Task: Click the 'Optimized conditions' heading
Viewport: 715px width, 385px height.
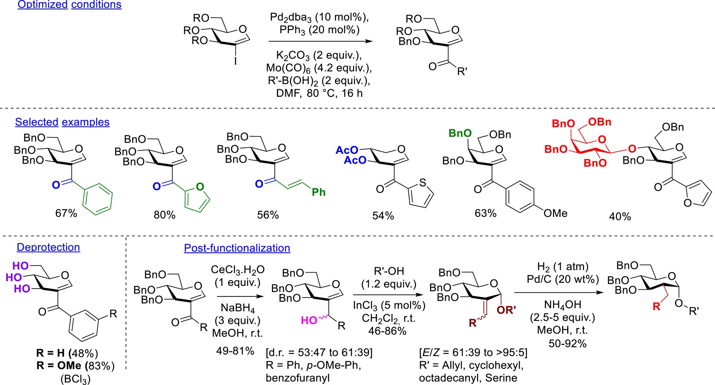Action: [x=69, y=5]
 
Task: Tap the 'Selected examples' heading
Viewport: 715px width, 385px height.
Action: [x=62, y=122]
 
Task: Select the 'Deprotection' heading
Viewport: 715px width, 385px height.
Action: [x=48, y=247]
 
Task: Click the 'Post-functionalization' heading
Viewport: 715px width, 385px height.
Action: [x=237, y=248]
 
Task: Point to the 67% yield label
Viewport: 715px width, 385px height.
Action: [x=66, y=213]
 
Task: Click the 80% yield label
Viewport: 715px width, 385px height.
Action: [x=165, y=215]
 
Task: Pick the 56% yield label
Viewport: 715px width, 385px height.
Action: [x=268, y=215]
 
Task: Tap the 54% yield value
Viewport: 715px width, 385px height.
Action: [x=383, y=216]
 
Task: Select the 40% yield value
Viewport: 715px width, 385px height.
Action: [x=620, y=217]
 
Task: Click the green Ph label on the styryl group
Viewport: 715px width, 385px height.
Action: [x=318, y=192]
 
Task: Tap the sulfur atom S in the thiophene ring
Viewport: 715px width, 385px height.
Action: [x=422, y=182]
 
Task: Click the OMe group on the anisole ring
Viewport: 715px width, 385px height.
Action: [x=555, y=213]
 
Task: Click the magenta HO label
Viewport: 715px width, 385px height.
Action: [x=309, y=320]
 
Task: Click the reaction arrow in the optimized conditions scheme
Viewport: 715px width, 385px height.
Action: [x=320, y=41]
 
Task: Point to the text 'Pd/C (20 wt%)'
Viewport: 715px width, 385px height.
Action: [x=563, y=279]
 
